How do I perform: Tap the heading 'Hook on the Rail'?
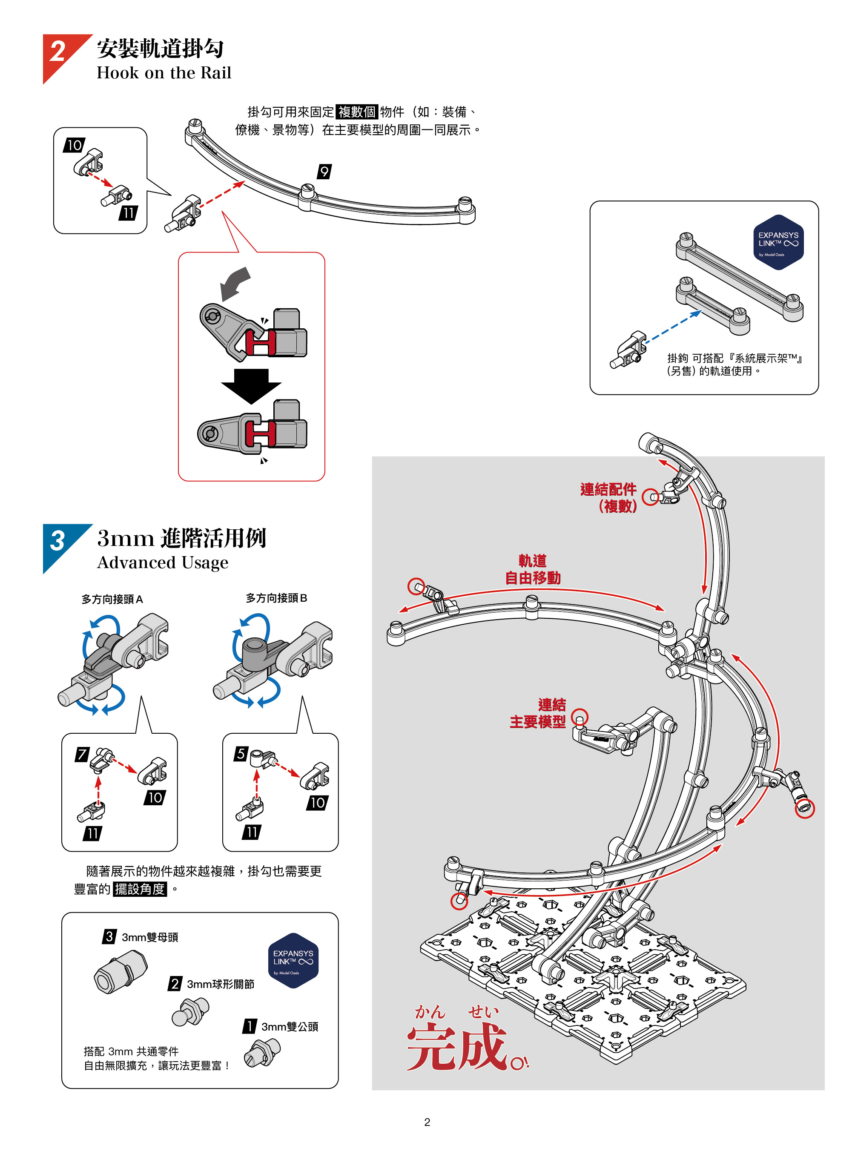[164, 73]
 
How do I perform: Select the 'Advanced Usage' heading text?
[163, 563]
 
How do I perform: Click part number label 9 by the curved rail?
[324, 171]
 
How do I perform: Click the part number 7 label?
[82, 754]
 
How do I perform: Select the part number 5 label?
[241, 753]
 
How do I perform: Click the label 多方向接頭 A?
[112, 600]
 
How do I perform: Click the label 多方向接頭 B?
[276, 598]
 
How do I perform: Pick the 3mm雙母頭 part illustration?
[120, 972]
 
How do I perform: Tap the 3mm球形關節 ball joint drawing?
[190, 1011]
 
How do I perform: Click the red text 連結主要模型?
[538, 713]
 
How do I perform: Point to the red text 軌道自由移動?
[533, 569]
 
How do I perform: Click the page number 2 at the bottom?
[427, 1122]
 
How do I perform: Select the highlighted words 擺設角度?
[140, 889]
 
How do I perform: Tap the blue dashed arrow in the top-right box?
[673, 326]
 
